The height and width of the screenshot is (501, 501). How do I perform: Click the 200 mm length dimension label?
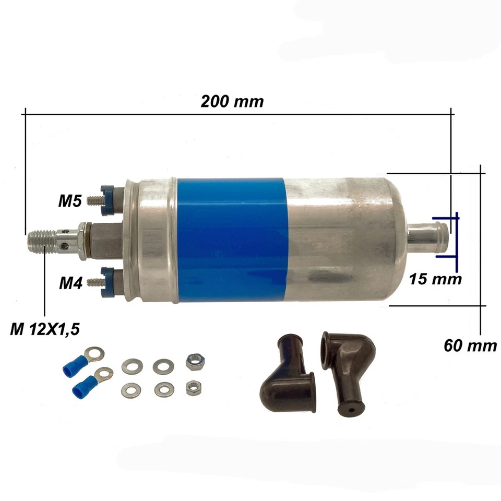point(232,101)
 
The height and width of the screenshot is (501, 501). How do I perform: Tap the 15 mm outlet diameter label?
point(436,279)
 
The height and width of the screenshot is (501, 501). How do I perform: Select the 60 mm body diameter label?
point(470,345)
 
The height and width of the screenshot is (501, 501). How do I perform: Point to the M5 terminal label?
point(69,201)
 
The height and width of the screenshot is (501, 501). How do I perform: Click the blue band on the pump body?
point(231,240)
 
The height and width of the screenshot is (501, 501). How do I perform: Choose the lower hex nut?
point(193,387)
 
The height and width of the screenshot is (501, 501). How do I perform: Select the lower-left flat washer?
point(130,390)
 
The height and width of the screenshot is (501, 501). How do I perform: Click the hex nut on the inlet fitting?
point(83,240)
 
